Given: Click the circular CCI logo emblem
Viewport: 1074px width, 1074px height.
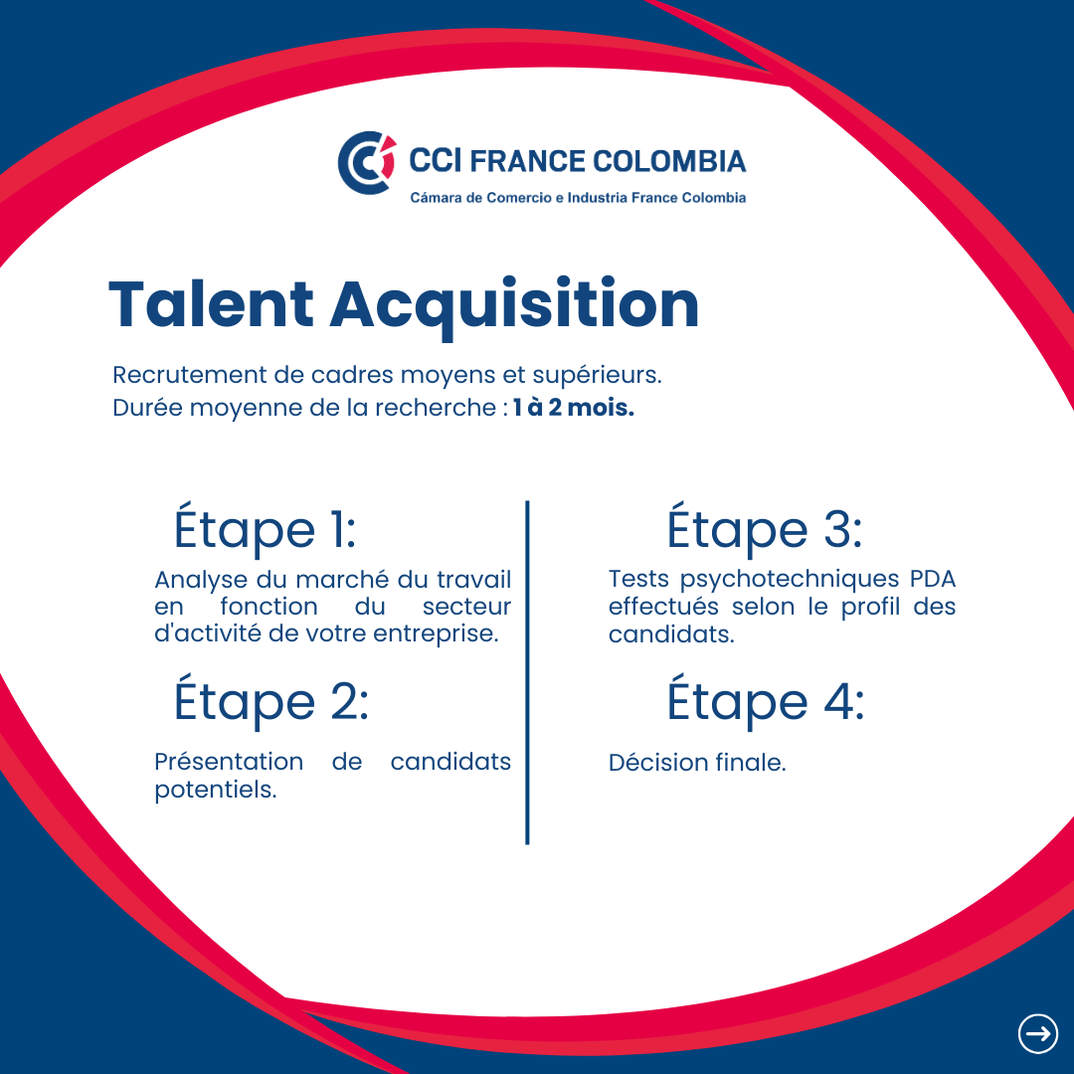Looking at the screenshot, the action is [367, 162].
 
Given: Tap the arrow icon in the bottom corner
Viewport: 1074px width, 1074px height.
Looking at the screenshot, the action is [1037, 1033].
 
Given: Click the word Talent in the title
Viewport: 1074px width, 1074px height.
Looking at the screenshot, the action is [211, 305].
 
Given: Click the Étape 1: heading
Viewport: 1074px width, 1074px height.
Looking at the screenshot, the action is [266, 527].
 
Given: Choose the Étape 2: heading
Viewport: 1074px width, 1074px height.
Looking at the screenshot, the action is [271, 699].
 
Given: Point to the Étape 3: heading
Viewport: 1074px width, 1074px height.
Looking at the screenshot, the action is [765, 527].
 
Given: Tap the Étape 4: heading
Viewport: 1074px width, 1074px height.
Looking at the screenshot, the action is [766, 699].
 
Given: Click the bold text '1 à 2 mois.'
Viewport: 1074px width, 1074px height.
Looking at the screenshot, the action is [574, 408].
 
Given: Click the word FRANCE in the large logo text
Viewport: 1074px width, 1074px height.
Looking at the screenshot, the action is [527, 161].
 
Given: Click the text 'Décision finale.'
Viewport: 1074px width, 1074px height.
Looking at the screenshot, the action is [697, 763].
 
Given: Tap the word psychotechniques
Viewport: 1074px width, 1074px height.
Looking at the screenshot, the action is [789, 580].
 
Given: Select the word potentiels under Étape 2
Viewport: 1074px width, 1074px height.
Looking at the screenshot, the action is [216, 791].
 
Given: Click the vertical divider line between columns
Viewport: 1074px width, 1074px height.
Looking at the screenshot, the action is [527, 672].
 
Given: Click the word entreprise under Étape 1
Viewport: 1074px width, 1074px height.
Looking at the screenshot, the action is [436, 634].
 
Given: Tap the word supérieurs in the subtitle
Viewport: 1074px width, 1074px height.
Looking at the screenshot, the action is [597, 376].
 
